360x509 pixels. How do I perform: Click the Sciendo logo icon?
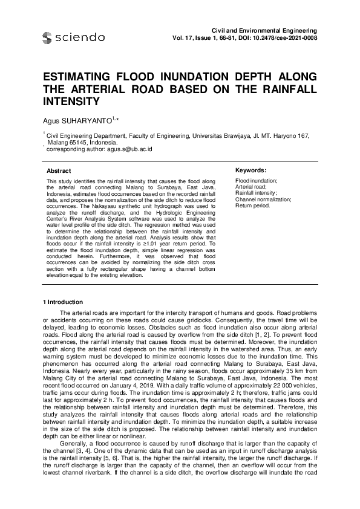click(47, 38)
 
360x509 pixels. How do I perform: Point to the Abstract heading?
click(59, 172)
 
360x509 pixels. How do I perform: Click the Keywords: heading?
click(250, 171)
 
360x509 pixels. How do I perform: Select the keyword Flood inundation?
click(257, 181)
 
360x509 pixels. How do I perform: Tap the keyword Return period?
click(252, 205)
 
